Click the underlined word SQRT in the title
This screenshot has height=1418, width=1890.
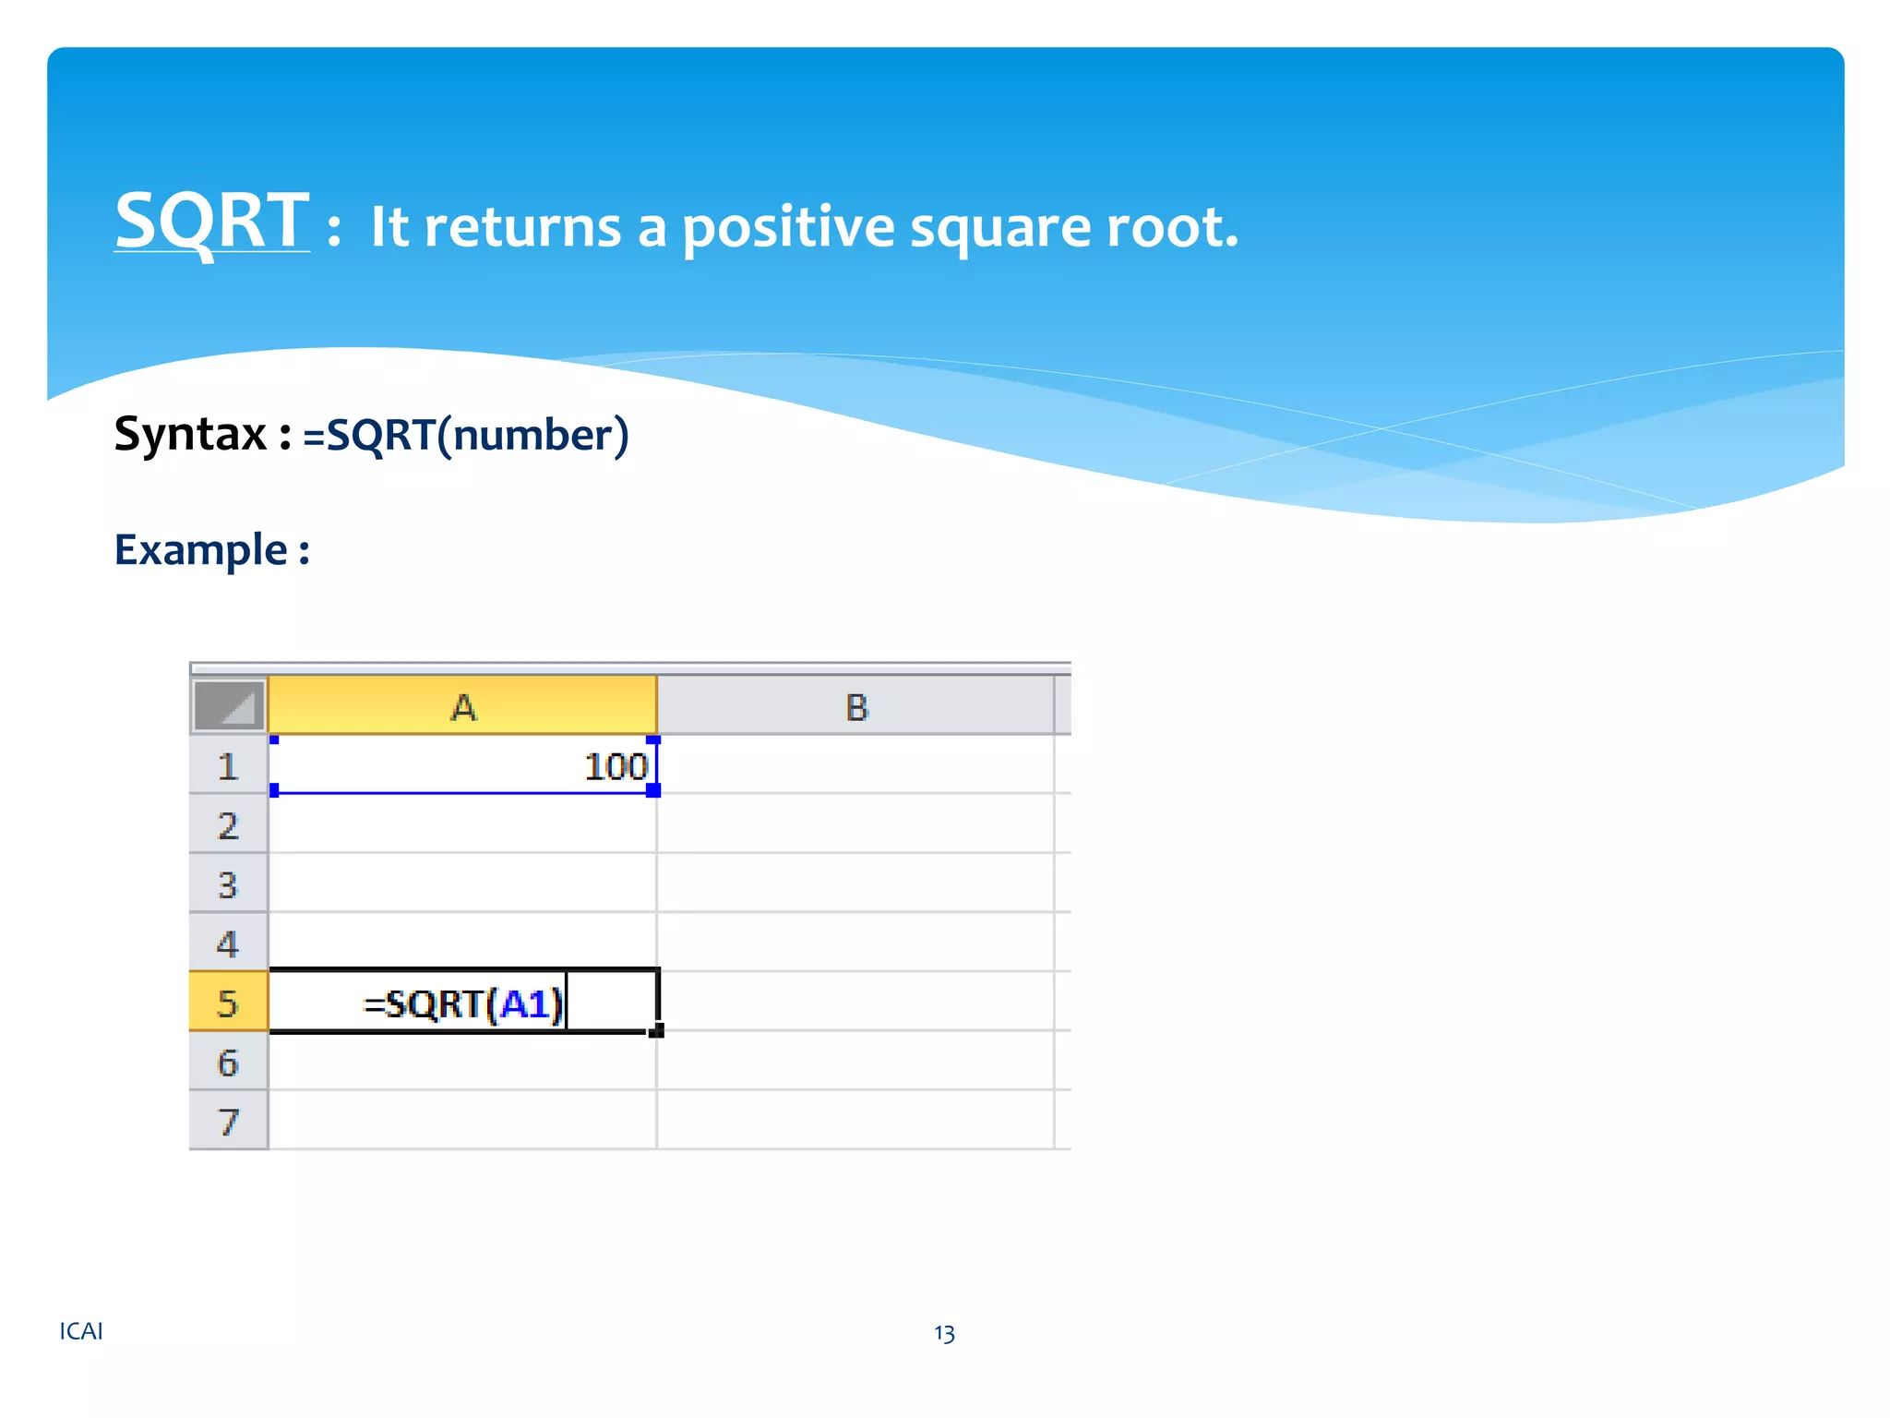[x=211, y=222]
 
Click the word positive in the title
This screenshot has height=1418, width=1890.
[x=788, y=227]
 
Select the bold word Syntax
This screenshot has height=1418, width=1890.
[x=190, y=434]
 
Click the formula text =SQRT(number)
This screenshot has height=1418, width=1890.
[x=466, y=435]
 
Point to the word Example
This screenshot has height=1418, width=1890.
[x=201, y=550]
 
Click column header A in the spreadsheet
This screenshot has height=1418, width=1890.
[x=462, y=707]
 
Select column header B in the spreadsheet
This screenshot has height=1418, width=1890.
[x=855, y=707]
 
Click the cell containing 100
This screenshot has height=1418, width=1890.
[x=462, y=765]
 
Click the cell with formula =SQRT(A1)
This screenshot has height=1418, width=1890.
[x=462, y=1003]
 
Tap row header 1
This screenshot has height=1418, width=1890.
[x=228, y=766]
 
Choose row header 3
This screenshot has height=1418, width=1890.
[x=228, y=884]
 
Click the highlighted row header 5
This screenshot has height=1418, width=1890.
[x=228, y=1003]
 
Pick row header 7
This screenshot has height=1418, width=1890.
[x=228, y=1122]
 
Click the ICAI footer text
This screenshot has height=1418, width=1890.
[x=81, y=1331]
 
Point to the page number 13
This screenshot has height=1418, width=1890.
[x=944, y=1333]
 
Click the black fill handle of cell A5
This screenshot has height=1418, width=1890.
[x=656, y=1030]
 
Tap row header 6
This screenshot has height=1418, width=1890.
[x=228, y=1063]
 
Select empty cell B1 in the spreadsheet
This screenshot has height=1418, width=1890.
[x=855, y=765]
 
